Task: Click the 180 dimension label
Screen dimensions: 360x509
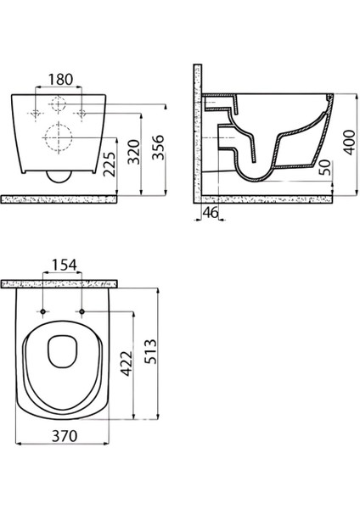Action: click(x=61, y=80)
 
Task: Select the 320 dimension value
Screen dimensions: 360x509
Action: click(x=133, y=152)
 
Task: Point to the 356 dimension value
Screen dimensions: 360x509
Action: click(x=159, y=148)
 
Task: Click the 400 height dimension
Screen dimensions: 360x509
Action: click(x=350, y=143)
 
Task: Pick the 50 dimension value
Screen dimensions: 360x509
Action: click(x=325, y=167)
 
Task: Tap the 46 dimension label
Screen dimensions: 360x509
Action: click(x=211, y=213)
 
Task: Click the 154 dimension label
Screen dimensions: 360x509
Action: click(x=65, y=265)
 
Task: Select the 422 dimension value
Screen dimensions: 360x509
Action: click(x=127, y=364)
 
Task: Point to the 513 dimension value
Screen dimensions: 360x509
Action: click(x=150, y=351)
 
